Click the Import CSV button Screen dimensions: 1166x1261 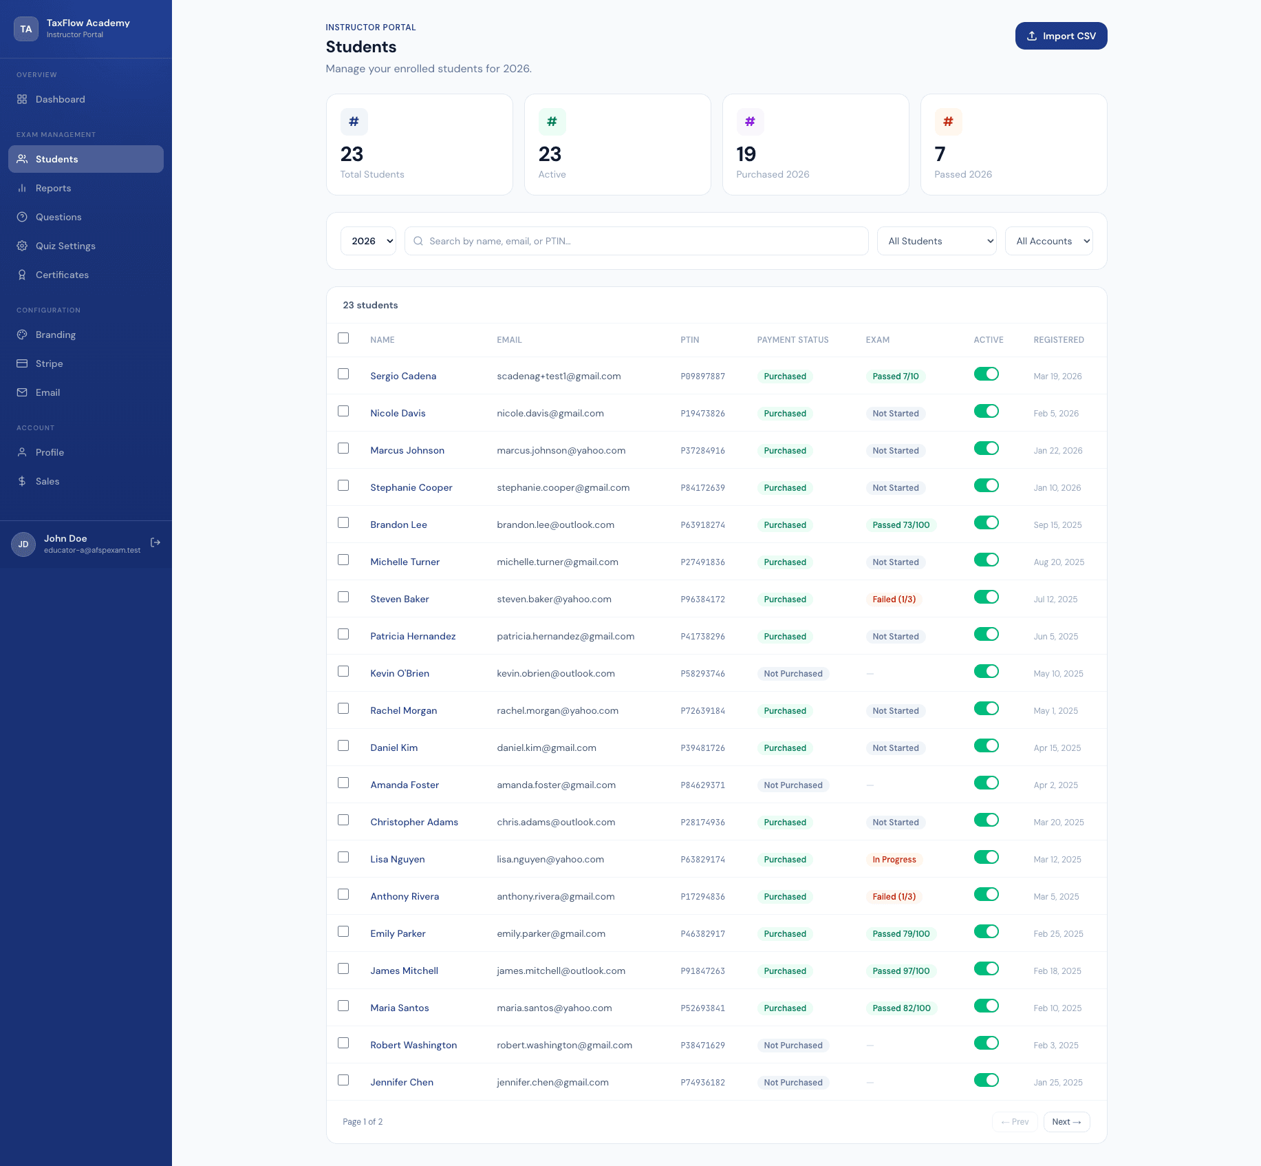[1061, 36]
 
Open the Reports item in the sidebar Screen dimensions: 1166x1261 [53, 188]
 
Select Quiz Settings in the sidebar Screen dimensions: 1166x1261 [65, 246]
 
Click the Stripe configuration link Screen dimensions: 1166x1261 [49, 363]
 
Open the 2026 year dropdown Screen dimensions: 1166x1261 [368, 241]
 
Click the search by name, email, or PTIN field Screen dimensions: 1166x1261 [636, 241]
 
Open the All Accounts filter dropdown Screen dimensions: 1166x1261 [1048, 241]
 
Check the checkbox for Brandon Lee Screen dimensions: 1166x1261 [343, 522]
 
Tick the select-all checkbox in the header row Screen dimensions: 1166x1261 [343, 338]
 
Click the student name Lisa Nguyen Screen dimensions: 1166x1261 [398, 859]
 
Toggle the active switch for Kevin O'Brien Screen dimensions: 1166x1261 [986, 671]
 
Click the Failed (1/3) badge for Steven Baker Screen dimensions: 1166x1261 [894, 599]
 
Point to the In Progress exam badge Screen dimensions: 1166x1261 [894, 859]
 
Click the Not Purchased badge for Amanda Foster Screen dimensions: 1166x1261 [793, 785]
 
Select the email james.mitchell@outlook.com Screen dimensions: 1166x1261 [561, 971]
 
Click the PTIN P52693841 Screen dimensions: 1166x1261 [702, 1008]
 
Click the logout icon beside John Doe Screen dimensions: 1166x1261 [155, 542]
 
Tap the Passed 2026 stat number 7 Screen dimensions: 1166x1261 [940, 154]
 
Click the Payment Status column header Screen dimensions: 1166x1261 [793, 340]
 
